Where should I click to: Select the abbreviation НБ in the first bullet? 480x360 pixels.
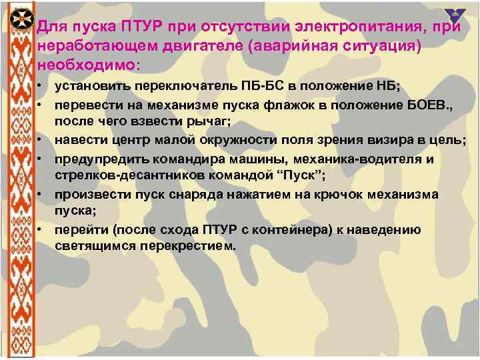(387, 87)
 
